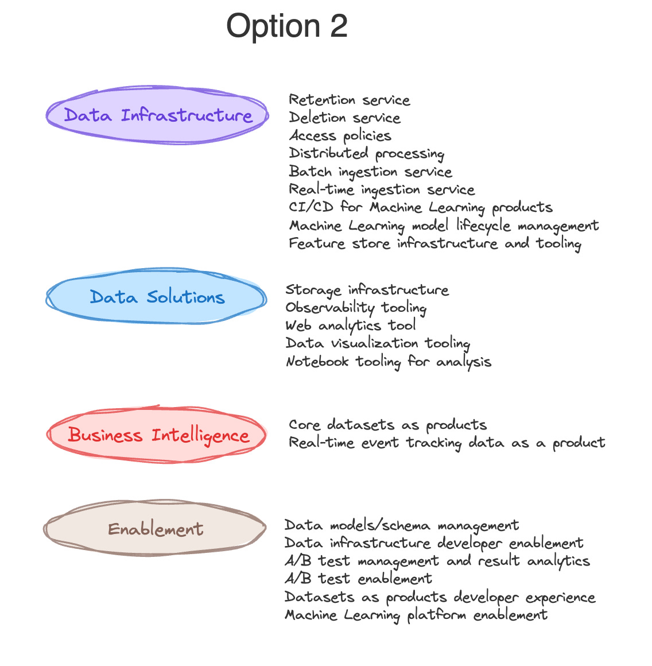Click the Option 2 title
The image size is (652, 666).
(287, 26)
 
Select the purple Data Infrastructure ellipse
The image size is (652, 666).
(157, 115)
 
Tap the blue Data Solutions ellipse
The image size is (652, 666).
(157, 297)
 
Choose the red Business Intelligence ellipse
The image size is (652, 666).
(157, 435)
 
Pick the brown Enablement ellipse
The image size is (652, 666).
(155, 529)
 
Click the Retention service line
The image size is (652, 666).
(349, 100)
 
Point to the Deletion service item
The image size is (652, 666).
(344, 118)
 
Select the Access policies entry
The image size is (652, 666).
(340, 136)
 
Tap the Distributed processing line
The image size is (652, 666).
(366, 154)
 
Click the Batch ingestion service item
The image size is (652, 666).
(370, 172)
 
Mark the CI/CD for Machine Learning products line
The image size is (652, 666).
(420, 208)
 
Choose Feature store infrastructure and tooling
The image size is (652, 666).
(434, 244)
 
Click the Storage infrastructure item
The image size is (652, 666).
(367, 291)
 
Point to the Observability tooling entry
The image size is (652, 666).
(356, 308)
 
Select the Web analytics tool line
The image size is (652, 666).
(350, 326)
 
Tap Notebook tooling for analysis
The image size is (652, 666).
(388, 362)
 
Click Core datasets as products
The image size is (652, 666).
(387, 425)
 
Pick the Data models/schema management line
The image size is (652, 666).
(401, 526)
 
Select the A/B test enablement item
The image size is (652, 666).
(358, 579)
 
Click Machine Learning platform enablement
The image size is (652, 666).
(416, 615)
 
